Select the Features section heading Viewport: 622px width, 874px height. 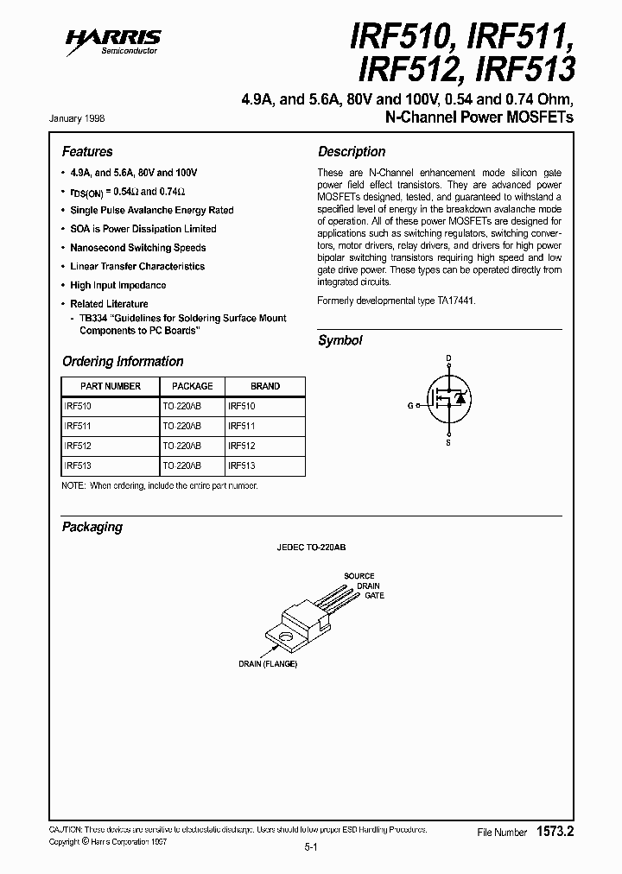tap(87, 151)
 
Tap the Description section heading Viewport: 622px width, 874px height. tap(352, 151)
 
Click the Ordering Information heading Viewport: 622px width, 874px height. tap(123, 361)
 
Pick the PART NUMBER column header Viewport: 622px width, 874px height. tap(111, 386)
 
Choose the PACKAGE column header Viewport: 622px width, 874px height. tap(192, 386)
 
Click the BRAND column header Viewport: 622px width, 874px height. tap(265, 386)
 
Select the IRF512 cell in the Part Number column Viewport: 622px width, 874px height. tap(78, 446)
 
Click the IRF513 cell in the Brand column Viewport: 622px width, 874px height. tap(241, 465)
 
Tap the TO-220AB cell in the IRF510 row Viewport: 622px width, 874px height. tap(181, 405)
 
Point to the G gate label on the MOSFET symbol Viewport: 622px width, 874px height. tap(410, 404)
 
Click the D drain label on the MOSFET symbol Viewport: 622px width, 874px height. tap(447, 357)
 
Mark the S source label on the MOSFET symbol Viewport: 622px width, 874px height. tap(447, 443)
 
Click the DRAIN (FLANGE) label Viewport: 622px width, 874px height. tap(268, 664)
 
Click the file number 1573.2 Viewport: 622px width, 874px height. tap(555, 831)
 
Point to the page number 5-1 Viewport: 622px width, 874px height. tap(311, 848)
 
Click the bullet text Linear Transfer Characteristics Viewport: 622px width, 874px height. tap(137, 267)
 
